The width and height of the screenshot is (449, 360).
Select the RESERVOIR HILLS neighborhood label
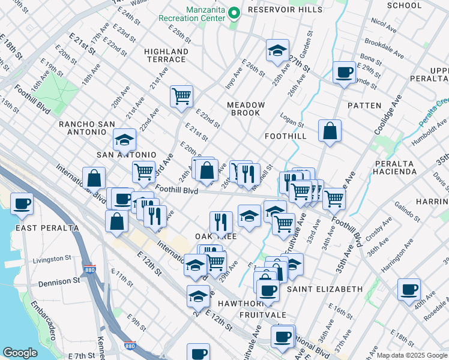tap(278, 10)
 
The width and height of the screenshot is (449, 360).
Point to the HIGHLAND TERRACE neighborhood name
tap(166, 55)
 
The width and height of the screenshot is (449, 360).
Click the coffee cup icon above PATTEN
tap(345, 73)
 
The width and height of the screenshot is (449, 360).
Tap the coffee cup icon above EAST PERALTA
tap(22, 204)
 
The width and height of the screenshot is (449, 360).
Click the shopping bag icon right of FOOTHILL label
tap(330, 131)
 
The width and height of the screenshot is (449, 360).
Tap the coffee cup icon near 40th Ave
tap(409, 290)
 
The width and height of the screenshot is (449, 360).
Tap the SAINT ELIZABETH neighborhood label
tap(325, 289)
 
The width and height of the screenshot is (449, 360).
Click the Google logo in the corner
tap(20, 353)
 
